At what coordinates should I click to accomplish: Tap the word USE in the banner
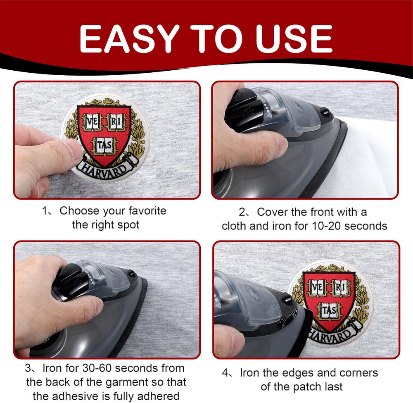pyautogui.click(x=294, y=39)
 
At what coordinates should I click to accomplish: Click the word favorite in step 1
pyautogui.click(x=147, y=210)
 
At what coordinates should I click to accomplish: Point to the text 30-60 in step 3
pyautogui.click(x=97, y=368)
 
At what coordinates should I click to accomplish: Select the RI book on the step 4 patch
pyautogui.click(x=341, y=288)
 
